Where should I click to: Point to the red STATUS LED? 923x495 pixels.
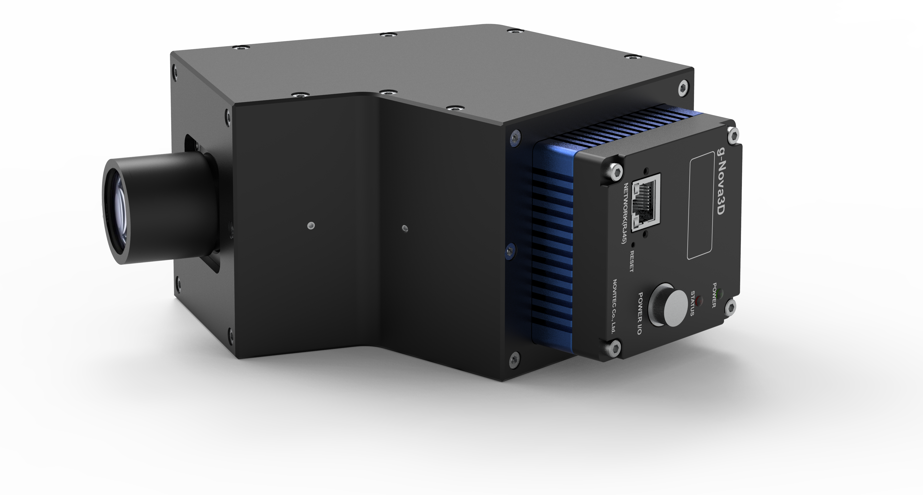click(699, 300)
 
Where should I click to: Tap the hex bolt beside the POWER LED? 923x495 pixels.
click(731, 307)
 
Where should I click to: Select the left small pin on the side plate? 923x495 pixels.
click(311, 226)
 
